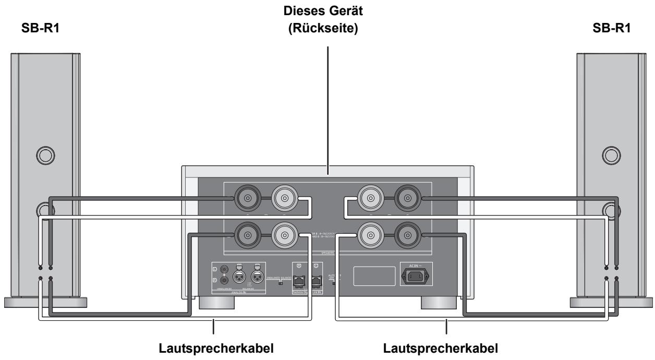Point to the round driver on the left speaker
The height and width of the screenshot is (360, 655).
click(x=43, y=154)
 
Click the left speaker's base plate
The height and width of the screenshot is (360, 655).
click(x=44, y=302)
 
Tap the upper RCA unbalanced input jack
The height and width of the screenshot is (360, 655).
click(x=224, y=269)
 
